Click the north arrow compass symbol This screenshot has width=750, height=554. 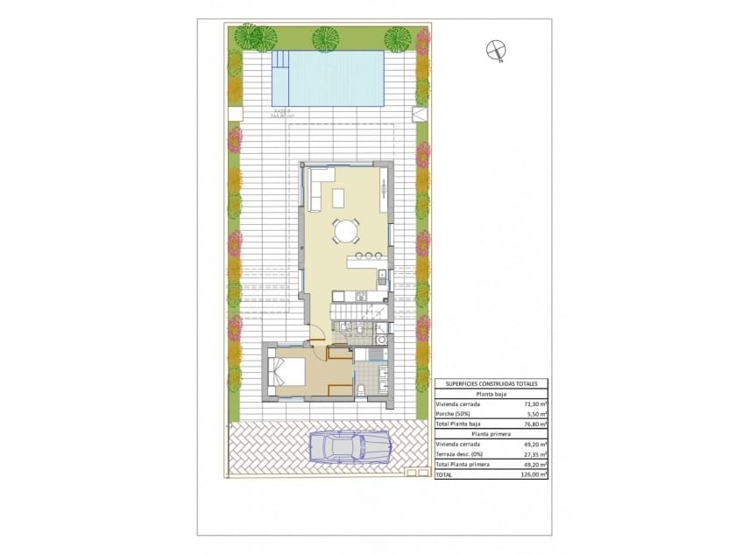click(x=496, y=52)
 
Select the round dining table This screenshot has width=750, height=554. click(x=346, y=232)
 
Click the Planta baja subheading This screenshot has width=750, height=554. click(x=491, y=394)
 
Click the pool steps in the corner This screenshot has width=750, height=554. click(x=280, y=60)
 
